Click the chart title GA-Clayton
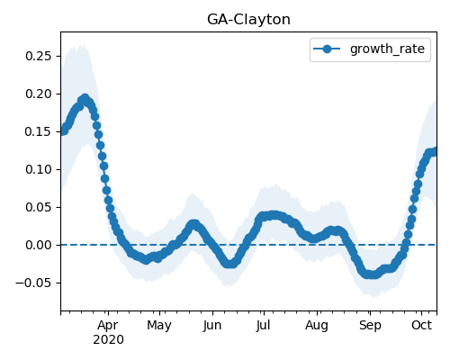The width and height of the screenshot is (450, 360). [x=248, y=20]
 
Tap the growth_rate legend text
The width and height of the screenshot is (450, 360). [x=387, y=49]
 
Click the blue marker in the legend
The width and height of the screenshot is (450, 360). [x=327, y=49]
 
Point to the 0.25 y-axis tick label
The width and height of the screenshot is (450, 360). [x=39, y=56]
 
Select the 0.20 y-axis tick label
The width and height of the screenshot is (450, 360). [x=39, y=94]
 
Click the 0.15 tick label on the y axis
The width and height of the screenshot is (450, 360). [x=39, y=131]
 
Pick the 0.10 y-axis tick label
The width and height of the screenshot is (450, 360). [x=39, y=169]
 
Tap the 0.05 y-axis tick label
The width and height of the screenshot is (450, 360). [x=39, y=207]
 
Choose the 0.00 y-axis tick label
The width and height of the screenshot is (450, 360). [x=39, y=245]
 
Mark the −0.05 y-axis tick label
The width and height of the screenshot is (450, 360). [x=33, y=283]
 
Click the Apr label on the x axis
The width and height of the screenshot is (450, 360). [x=108, y=326]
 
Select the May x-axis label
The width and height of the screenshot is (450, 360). [x=159, y=326]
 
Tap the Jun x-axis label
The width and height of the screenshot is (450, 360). [x=212, y=326]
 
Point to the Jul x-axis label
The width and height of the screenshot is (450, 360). [x=264, y=326]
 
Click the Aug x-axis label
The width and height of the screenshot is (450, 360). [x=317, y=326]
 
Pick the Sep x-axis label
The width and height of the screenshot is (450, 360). [x=370, y=326]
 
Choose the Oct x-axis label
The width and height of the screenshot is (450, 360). [x=421, y=325]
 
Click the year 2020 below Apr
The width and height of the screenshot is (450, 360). [x=108, y=340]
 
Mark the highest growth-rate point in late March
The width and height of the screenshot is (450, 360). [x=85, y=98]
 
